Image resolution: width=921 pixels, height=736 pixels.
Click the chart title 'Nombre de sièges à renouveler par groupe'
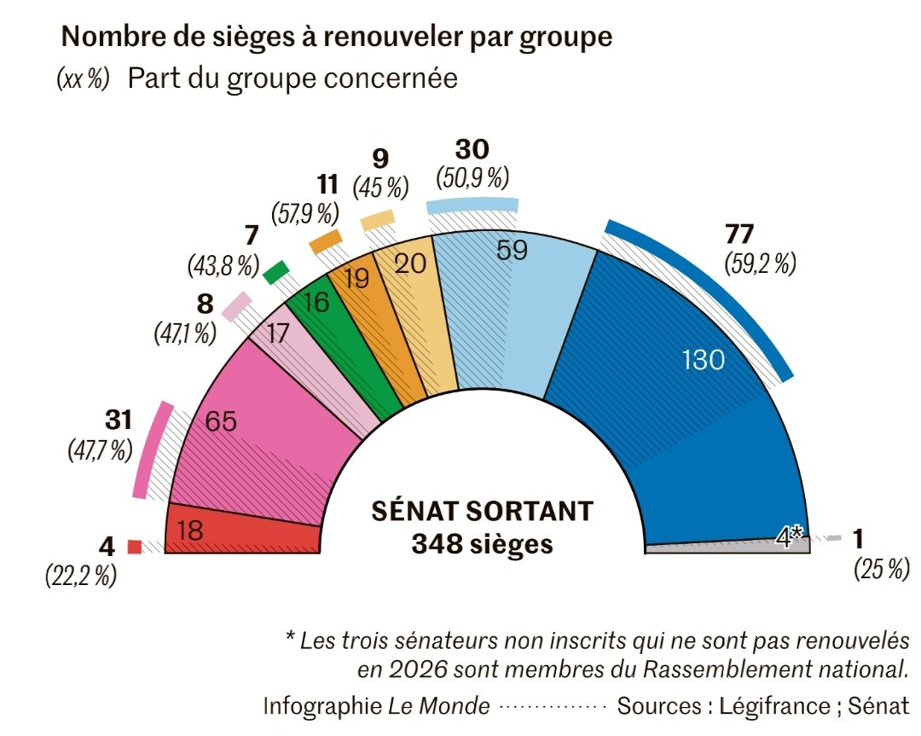tap(337, 37)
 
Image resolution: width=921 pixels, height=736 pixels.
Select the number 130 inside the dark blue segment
tap(704, 361)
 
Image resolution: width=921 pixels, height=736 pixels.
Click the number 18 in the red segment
tap(190, 531)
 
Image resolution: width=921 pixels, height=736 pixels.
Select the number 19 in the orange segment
tap(358, 280)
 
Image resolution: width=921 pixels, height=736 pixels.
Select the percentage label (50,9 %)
tap(472, 177)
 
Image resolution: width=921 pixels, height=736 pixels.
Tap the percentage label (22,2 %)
tap(80, 576)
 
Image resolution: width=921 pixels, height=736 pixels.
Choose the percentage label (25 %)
tap(881, 569)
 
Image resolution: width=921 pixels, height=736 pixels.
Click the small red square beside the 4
tap(134, 547)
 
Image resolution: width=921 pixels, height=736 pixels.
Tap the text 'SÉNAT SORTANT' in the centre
tap(482, 511)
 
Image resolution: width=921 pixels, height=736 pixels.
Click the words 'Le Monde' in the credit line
tap(439, 706)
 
